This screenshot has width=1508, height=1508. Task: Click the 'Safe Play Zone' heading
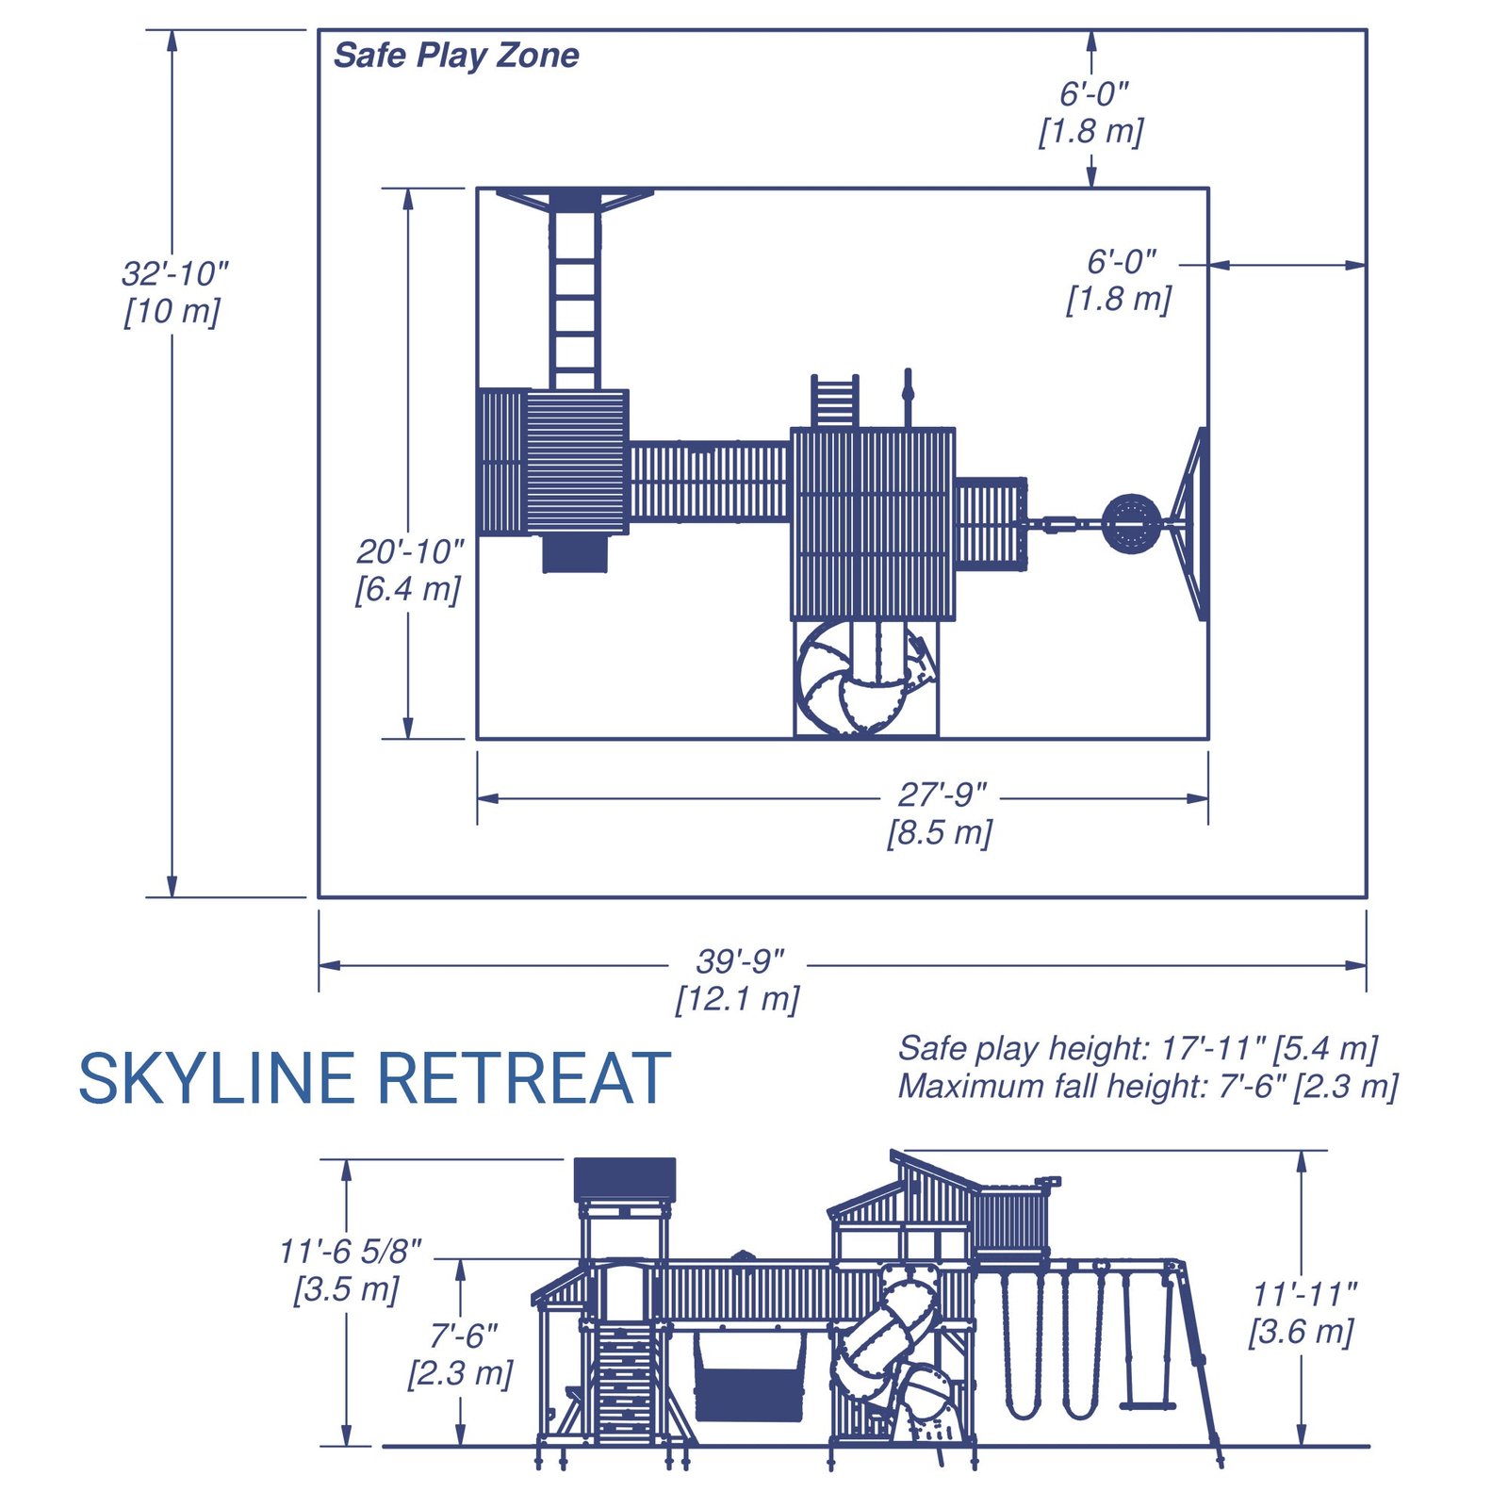tap(456, 56)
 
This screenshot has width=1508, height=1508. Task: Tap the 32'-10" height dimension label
tap(175, 274)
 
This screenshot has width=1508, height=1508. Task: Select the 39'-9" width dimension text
tap(740, 962)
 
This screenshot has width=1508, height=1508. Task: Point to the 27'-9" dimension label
tap(942, 795)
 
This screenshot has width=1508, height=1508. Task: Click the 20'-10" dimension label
tap(410, 552)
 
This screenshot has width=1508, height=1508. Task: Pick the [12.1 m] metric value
tap(737, 999)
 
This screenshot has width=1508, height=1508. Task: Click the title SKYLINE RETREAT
tap(374, 1078)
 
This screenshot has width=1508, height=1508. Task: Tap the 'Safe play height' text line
tap(1138, 1048)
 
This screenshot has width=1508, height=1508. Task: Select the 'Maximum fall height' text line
tap(1147, 1087)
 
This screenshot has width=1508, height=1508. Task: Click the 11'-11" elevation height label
tap(1304, 1295)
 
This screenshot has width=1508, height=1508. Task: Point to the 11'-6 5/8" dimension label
tap(350, 1252)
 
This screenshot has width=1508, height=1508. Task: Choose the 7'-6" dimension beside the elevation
tap(464, 1336)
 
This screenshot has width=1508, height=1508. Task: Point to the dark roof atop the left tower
tap(625, 1180)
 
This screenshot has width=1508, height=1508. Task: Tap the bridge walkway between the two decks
tap(709, 482)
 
